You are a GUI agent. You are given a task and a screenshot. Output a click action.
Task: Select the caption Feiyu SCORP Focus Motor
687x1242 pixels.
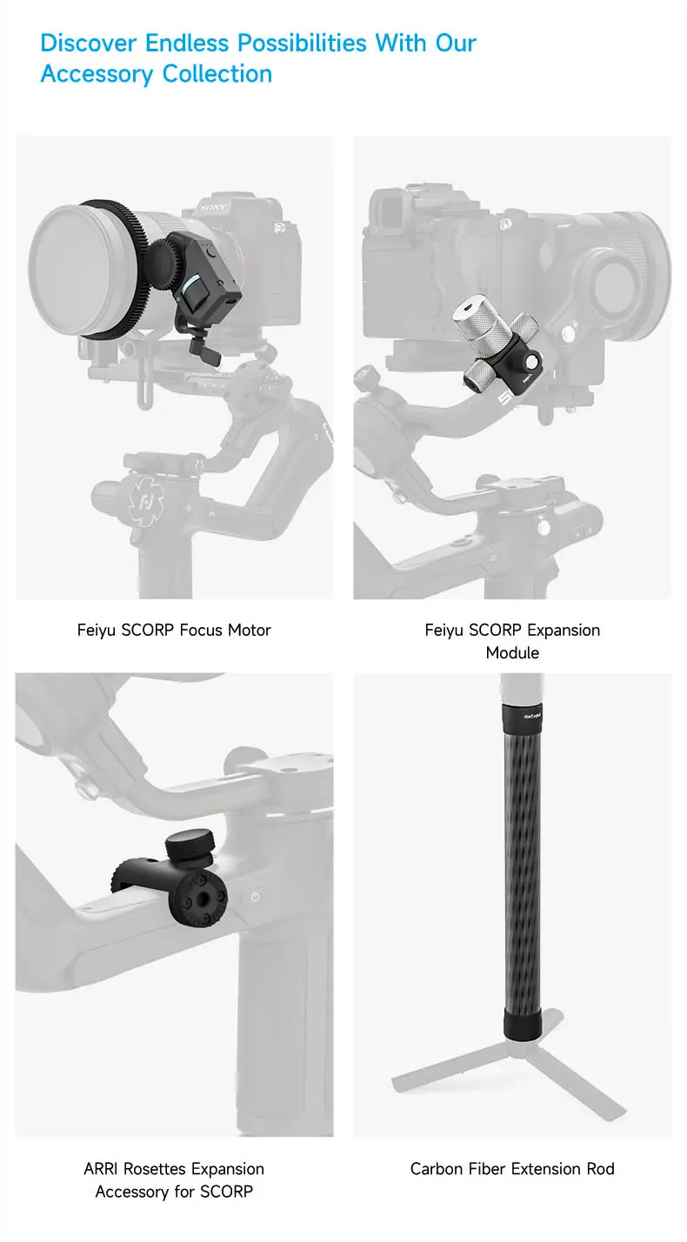[174, 630]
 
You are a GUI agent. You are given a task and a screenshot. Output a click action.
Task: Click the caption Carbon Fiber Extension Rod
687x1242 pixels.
[512, 1168]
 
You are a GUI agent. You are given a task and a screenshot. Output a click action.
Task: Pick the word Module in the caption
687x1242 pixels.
[512, 652]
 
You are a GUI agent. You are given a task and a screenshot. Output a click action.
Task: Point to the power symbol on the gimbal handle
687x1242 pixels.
[256, 896]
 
